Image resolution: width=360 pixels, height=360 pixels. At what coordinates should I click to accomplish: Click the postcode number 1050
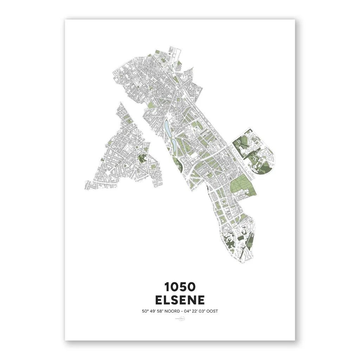[180, 287]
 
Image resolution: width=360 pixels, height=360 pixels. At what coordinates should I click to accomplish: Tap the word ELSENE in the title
[180, 300]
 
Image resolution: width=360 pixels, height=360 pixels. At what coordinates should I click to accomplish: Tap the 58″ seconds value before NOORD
[160, 311]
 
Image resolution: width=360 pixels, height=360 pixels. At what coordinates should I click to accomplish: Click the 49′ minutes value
[152, 311]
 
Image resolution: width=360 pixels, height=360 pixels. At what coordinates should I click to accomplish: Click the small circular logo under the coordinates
[180, 319]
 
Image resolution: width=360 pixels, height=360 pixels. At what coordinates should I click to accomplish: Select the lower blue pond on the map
[174, 144]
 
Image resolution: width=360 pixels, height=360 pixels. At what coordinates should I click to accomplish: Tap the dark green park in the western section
[143, 158]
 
